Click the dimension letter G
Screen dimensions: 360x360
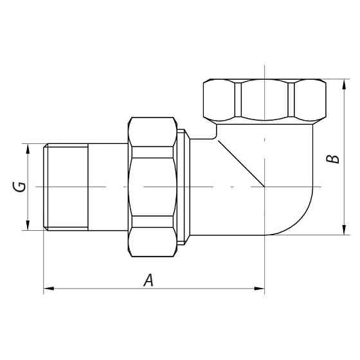(21, 186)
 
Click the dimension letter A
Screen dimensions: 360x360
(148, 280)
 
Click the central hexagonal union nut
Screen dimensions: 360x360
(152, 186)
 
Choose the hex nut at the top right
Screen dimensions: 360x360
(263, 101)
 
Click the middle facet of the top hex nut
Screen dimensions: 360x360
(263, 101)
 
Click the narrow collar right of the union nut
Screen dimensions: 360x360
(183, 186)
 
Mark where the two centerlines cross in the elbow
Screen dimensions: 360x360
(264, 186)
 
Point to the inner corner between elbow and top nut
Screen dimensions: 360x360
(217, 137)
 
